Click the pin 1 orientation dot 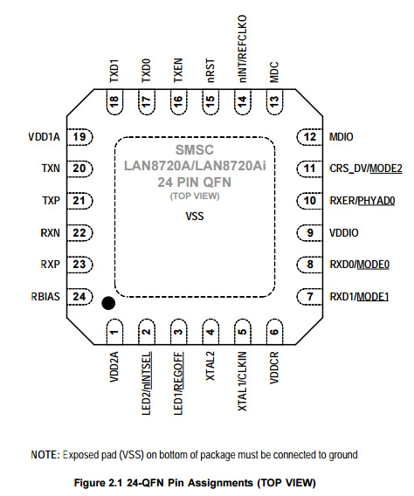108,303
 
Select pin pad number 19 79,137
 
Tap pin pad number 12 310,137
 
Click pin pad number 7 310,297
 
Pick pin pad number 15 210,102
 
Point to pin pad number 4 210,332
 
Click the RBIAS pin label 45,297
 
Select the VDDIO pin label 344,233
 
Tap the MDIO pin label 342,137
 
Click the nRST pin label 210,71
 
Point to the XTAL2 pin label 210,366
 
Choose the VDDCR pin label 274,368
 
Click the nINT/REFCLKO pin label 242,49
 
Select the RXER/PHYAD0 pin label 362,201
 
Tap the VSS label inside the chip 195,217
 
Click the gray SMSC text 195,150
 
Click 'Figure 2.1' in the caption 98,483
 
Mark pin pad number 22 79,233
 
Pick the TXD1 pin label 114,71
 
